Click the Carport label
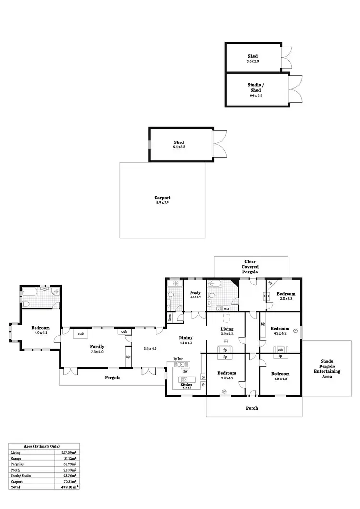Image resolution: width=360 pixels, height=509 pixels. click(x=162, y=198)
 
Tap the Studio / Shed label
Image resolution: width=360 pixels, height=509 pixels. click(x=255, y=87)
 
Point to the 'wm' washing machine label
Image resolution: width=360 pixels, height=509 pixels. click(x=226, y=308)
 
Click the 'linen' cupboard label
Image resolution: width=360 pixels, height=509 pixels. click(x=170, y=317)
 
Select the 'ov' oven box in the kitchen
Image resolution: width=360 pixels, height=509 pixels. click(x=203, y=377)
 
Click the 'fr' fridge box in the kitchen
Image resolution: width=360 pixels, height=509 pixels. click(x=203, y=385)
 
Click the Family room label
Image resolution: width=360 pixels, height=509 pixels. click(x=97, y=346)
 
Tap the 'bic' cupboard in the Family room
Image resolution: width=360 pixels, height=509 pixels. click(x=128, y=357)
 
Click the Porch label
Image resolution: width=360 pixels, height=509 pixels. click(x=252, y=408)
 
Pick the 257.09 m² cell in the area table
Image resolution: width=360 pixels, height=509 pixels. click(x=69, y=452)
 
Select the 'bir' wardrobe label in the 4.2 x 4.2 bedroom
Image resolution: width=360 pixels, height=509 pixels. click(x=263, y=324)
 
